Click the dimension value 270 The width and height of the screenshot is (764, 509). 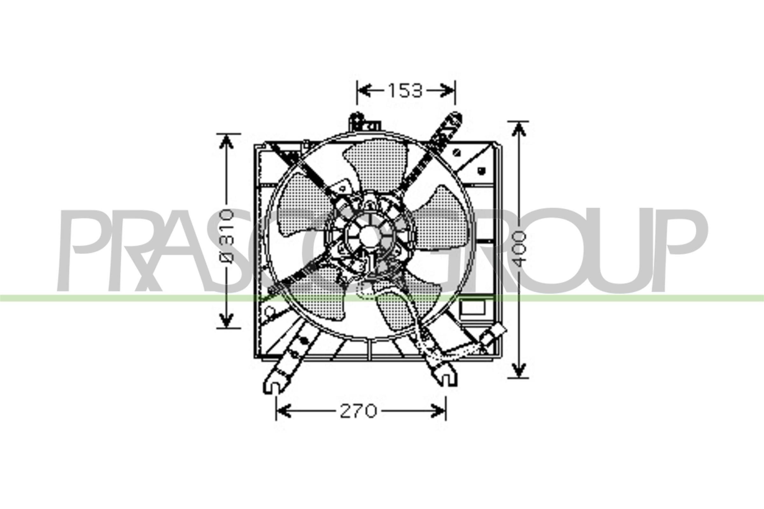pos(358,412)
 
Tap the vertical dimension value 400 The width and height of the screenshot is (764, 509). pos(519,249)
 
